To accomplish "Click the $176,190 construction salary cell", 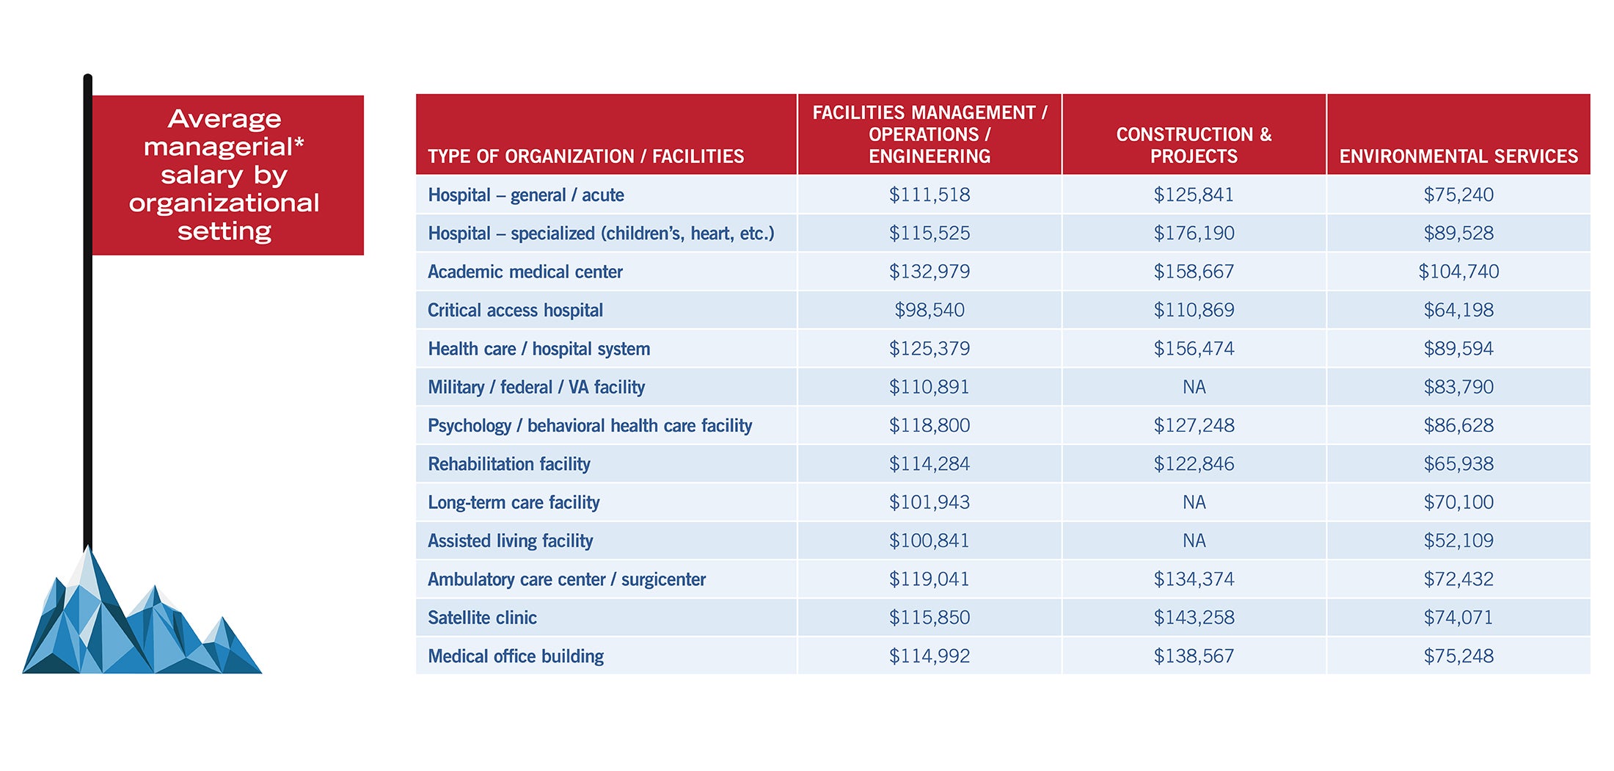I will tap(1194, 234).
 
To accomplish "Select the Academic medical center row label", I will tap(525, 272).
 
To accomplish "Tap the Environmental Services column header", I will tap(1458, 156).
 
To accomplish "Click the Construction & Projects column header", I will tap(1194, 145).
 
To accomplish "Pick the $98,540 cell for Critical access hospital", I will tap(929, 310).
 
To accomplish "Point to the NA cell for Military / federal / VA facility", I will tap(1194, 387).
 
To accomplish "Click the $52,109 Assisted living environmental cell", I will tap(1458, 541).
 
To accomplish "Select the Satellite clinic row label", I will tap(482, 618).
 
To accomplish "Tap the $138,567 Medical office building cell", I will tap(1194, 656).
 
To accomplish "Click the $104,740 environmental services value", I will tap(1458, 272).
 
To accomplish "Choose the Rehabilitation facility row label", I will tap(508, 464).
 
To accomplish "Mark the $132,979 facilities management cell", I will tap(929, 272).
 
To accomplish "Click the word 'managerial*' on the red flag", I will tap(224, 147).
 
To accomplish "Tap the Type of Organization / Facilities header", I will tap(585, 156).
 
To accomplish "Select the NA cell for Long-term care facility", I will tap(1194, 502).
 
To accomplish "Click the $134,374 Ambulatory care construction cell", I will tap(1194, 579).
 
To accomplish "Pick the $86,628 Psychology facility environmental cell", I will tap(1458, 426).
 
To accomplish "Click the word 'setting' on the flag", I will tap(224, 231).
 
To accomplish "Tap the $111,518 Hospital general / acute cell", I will tap(929, 195).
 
